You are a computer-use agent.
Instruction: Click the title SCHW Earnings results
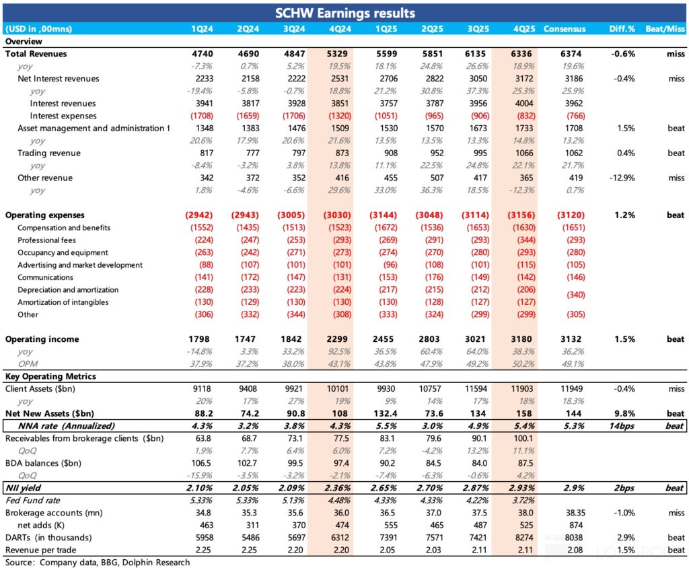point(344,13)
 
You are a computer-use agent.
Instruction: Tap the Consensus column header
point(564,29)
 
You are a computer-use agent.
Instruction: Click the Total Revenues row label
point(36,54)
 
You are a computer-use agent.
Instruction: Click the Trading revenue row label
point(49,153)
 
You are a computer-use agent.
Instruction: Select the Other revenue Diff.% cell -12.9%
point(621,178)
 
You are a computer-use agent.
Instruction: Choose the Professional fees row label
point(46,240)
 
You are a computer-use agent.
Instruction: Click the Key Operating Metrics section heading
point(50,376)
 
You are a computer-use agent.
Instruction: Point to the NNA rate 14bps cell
point(620,426)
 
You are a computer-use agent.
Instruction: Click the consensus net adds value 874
point(564,525)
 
